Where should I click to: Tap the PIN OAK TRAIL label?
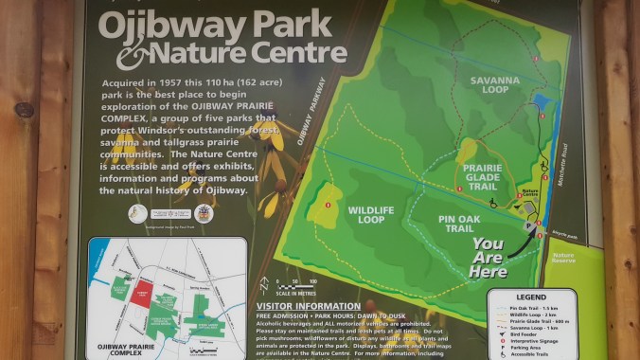[441, 224]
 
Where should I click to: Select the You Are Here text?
[489, 257]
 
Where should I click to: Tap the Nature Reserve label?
[564, 258]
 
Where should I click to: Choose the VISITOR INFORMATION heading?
[308, 306]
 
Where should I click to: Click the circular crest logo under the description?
[204, 212]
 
